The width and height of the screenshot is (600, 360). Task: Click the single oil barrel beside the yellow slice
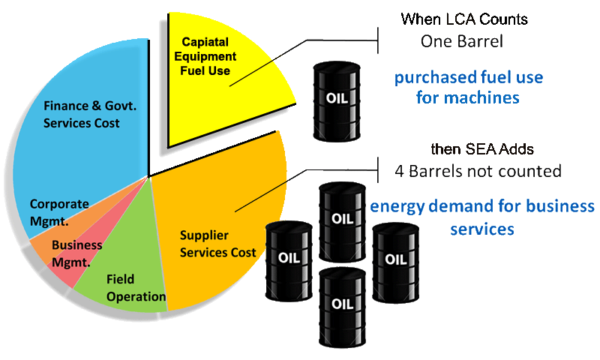point(337,101)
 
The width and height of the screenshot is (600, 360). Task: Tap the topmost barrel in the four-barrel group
point(342,222)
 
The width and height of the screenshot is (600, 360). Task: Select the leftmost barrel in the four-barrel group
point(289,261)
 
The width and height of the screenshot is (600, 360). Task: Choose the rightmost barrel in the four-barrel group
point(396,262)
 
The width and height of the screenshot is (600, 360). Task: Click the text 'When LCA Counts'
point(464,19)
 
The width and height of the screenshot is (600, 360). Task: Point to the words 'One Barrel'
point(462,41)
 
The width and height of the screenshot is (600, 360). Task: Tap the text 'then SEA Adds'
point(482,148)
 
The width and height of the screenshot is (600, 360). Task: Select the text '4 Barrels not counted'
point(478,171)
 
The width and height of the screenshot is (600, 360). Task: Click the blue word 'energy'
point(397,207)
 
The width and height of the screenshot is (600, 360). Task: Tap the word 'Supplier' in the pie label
point(204,235)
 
